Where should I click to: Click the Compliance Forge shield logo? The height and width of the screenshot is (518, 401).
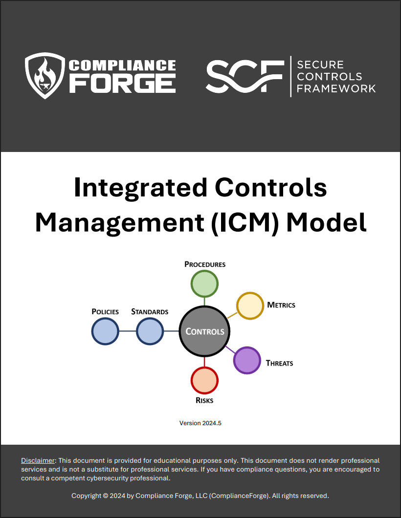click(x=45, y=75)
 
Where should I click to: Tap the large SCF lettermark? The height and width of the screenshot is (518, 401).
click(x=245, y=76)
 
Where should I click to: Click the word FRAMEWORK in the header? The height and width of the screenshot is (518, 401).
click(x=336, y=88)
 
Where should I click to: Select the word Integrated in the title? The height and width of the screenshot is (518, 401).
click(x=140, y=188)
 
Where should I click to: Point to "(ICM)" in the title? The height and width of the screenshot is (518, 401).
click(x=245, y=222)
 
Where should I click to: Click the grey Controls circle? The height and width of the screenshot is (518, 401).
click(x=204, y=331)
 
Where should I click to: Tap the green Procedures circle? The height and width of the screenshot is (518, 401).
click(x=204, y=284)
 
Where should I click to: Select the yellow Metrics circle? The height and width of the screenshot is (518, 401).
click(x=250, y=305)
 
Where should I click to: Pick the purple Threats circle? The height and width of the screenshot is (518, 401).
click(x=247, y=360)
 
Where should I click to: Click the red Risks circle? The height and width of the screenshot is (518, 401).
click(x=204, y=380)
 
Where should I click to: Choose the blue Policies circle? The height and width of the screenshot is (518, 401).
click(x=105, y=331)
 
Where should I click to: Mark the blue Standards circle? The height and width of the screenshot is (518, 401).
click(x=150, y=331)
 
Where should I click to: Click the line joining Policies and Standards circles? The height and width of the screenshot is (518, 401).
click(x=128, y=331)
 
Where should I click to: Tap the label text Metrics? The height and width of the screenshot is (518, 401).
click(x=281, y=305)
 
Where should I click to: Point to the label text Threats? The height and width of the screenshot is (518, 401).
click(x=279, y=363)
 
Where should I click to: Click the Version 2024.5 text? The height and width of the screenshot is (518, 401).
click(x=200, y=423)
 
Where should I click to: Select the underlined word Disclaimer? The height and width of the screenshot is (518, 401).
click(x=38, y=460)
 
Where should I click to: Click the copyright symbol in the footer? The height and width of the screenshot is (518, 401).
click(x=106, y=496)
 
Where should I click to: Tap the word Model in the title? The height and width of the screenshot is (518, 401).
click(x=326, y=222)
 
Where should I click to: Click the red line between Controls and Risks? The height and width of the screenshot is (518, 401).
click(x=204, y=362)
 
